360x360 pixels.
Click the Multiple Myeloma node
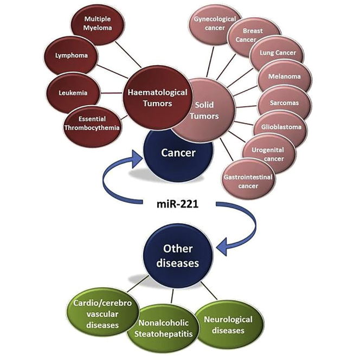[97, 23]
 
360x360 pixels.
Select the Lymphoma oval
[68, 55]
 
